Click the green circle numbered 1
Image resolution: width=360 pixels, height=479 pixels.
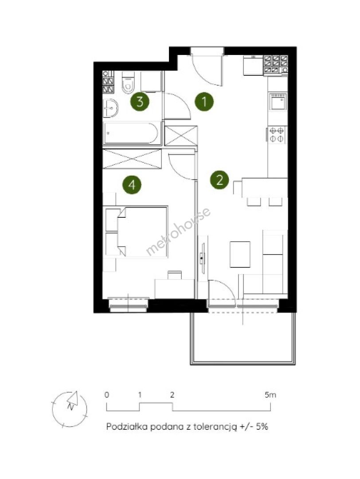[204, 102]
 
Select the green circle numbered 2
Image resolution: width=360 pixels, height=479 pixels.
[219, 180]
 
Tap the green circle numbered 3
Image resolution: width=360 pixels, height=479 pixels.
[140, 102]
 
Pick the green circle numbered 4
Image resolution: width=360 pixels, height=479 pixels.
[132, 185]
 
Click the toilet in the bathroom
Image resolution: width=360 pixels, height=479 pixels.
[128, 81]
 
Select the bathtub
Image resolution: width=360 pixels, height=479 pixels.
[132, 133]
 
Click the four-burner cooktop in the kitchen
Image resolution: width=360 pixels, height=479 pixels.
[277, 135]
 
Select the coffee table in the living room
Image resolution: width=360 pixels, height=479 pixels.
[240, 254]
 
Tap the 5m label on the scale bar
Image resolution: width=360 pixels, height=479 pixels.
[270, 395]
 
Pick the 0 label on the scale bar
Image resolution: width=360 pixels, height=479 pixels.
[106, 395]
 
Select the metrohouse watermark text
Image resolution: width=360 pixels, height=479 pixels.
[178, 231]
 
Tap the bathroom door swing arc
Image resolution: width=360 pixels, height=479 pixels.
[180, 104]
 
